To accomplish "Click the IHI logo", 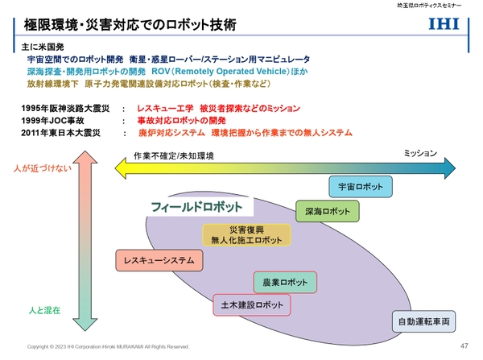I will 444,25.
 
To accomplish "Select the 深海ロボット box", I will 328,212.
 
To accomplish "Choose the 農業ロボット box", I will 286,283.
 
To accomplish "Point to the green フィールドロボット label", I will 191,207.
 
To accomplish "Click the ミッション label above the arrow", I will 419,151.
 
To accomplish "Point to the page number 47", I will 463,346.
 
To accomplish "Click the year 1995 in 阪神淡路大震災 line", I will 34,108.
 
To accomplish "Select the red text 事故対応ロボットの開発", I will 181,119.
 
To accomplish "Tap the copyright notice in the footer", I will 109,346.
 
